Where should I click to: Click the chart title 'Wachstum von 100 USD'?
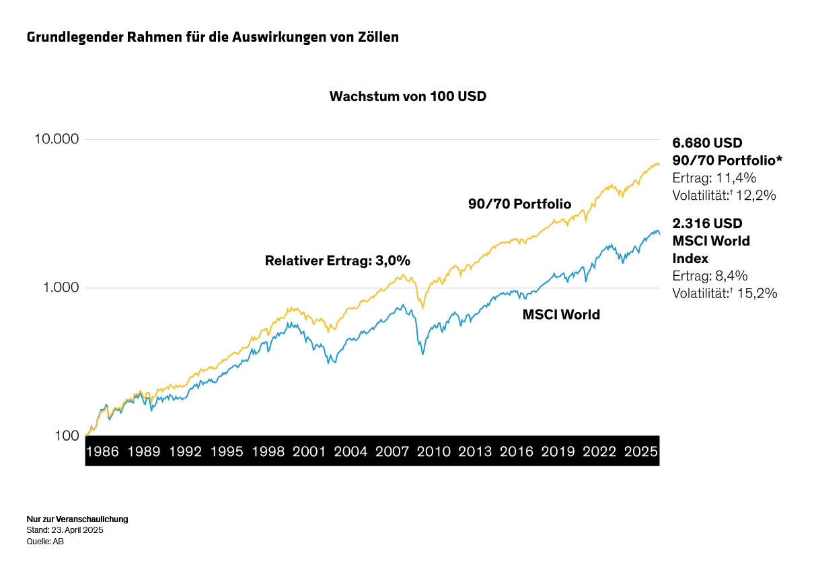click(x=407, y=96)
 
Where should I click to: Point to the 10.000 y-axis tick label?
click(x=56, y=139)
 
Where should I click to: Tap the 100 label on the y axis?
click(x=68, y=436)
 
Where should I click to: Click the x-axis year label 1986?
click(x=103, y=451)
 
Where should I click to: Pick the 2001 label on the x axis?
click(x=309, y=451)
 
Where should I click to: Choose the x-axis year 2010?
click(x=434, y=451)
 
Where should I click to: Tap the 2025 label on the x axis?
click(x=640, y=451)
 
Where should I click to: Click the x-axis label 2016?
click(x=517, y=451)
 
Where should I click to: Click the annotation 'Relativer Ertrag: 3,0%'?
click(x=337, y=261)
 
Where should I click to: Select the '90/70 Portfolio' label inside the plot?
click(x=519, y=204)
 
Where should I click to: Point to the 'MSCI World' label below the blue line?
click(x=561, y=314)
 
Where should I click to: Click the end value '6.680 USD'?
click(x=707, y=143)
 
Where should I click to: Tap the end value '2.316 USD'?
click(x=707, y=223)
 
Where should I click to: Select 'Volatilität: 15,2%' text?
click(x=725, y=293)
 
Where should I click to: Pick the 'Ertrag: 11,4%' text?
click(x=714, y=178)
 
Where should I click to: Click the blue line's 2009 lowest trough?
click(x=422, y=354)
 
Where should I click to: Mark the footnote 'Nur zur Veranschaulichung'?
click(x=77, y=519)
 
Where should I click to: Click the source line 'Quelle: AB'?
click(x=45, y=541)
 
